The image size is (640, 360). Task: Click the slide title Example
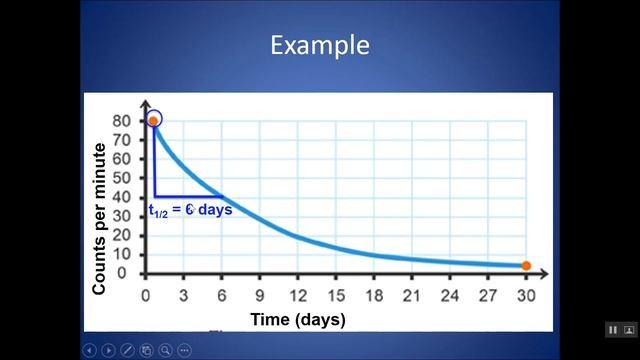(320, 45)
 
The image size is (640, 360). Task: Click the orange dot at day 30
(526, 266)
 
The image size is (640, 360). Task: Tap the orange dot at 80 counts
(153, 120)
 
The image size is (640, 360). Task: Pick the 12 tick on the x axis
(297, 295)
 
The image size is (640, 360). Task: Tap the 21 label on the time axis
(411, 295)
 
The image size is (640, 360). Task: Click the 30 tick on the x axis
(525, 295)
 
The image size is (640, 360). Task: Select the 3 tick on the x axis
(183, 295)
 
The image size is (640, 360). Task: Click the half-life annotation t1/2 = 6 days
(190, 210)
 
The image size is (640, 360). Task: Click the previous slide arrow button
(90, 350)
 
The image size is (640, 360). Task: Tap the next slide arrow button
(108, 350)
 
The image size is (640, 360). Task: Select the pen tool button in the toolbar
(127, 350)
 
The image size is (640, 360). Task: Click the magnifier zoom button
(165, 350)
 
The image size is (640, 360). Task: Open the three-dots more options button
(184, 350)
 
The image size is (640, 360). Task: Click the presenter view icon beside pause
(629, 330)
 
